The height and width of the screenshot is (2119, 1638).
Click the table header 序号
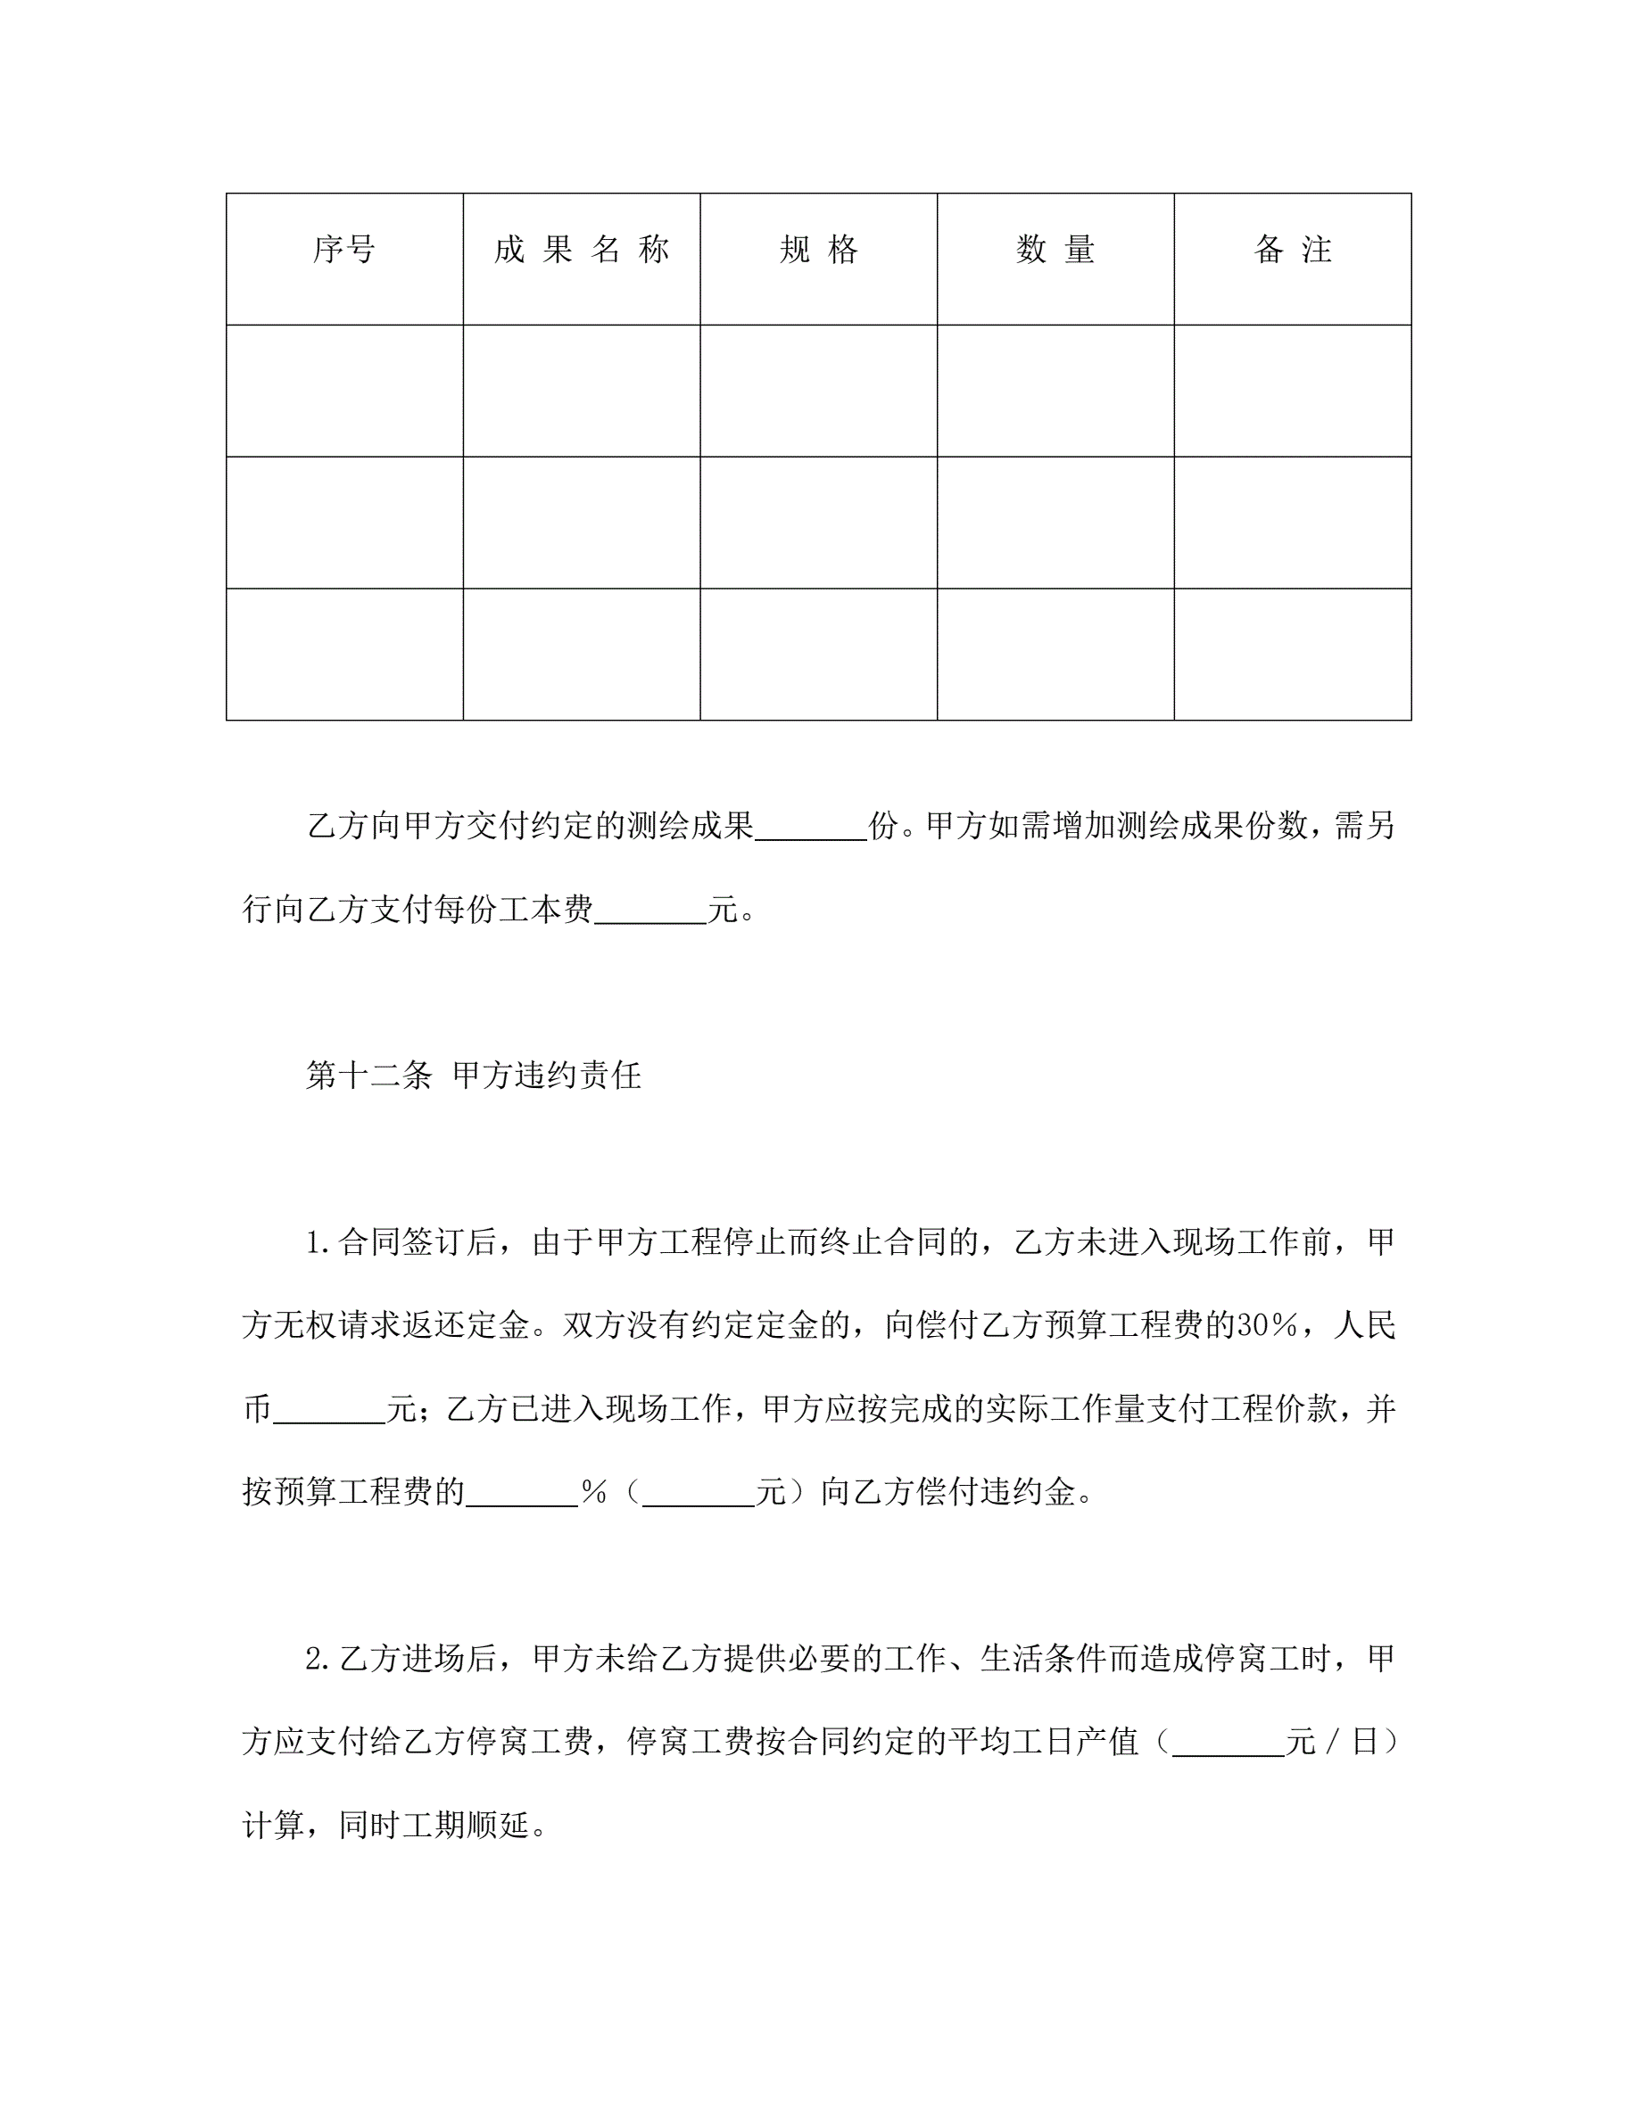(x=343, y=251)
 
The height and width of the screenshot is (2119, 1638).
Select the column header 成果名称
(x=582, y=251)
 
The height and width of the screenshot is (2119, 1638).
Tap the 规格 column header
(x=818, y=251)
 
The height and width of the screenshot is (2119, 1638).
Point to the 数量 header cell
(x=1055, y=251)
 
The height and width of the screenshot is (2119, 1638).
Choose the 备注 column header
(x=1293, y=251)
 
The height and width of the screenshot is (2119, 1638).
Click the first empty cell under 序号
(x=343, y=390)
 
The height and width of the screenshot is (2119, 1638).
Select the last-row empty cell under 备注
(x=1293, y=654)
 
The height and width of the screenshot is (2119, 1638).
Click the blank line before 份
(x=810, y=828)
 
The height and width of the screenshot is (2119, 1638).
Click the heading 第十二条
(x=368, y=1075)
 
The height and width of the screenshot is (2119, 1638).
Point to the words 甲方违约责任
(x=546, y=1075)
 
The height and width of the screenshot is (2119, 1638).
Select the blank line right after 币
(x=329, y=1409)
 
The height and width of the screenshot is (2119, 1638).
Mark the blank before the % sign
(x=521, y=1492)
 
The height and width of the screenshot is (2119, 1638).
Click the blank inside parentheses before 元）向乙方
(x=698, y=1492)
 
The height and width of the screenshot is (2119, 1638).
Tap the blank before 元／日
(x=1228, y=1743)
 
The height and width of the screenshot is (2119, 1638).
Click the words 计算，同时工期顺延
(x=394, y=1826)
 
